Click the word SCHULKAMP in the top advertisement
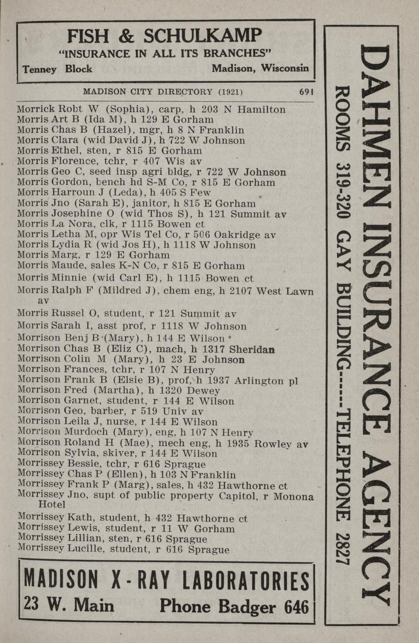[203, 36]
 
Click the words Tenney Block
[57, 69]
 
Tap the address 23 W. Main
[68, 605]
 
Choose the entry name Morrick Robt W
[54, 109]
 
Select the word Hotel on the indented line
[51, 505]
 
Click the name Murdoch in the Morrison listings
[84, 432]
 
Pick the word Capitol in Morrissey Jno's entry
[234, 496]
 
